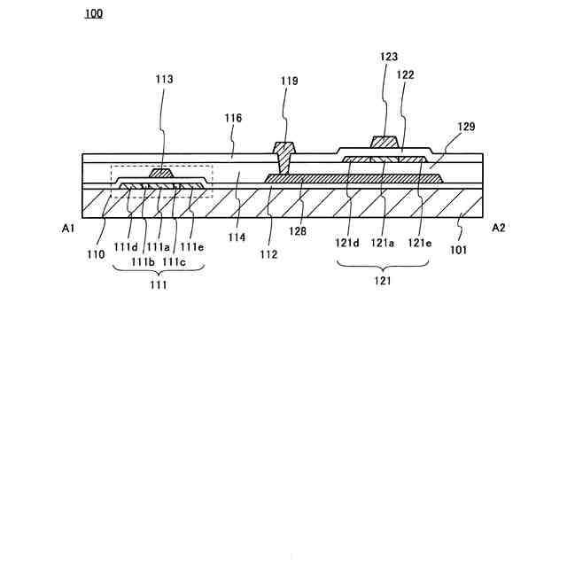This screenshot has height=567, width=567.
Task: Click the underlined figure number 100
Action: click(93, 13)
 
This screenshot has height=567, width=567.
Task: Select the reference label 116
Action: click(234, 117)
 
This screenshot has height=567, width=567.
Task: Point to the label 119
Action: click(290, 81)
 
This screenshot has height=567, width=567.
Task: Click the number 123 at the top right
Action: click(389, 57)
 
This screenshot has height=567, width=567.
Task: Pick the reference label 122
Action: click(406, 75)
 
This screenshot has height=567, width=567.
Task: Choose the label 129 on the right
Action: click(466, 127)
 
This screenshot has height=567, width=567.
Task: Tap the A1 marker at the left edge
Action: click(68, 228)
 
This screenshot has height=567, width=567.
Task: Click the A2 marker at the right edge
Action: click(499, 228)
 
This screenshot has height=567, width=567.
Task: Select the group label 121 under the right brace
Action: click(383, 281)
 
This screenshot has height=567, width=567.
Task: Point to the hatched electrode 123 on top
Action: click(384, 142)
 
